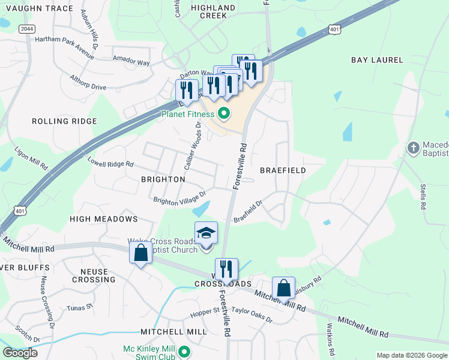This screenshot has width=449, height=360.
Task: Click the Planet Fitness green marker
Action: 224,113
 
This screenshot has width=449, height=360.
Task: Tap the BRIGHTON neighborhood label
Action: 163,179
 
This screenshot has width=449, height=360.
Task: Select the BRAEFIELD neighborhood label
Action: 283,170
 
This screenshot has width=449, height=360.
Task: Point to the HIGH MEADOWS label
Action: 104,220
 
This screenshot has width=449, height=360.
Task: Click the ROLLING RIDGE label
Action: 64,121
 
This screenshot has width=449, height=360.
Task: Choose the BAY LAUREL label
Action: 376,60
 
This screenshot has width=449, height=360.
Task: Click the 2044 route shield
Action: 26,28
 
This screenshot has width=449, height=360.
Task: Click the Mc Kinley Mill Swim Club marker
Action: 185,352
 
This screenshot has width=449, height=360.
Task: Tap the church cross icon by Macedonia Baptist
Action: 413,148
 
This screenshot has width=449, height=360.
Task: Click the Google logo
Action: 20,352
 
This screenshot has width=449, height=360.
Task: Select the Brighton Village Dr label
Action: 179,197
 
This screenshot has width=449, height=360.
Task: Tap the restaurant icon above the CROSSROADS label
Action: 226,268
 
